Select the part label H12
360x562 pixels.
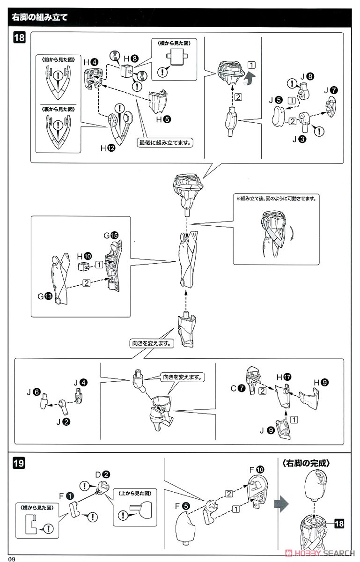(x=106, y=148)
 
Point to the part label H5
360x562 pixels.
(x=162, y=119)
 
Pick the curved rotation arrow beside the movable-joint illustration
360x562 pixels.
(x=292, y=233)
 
